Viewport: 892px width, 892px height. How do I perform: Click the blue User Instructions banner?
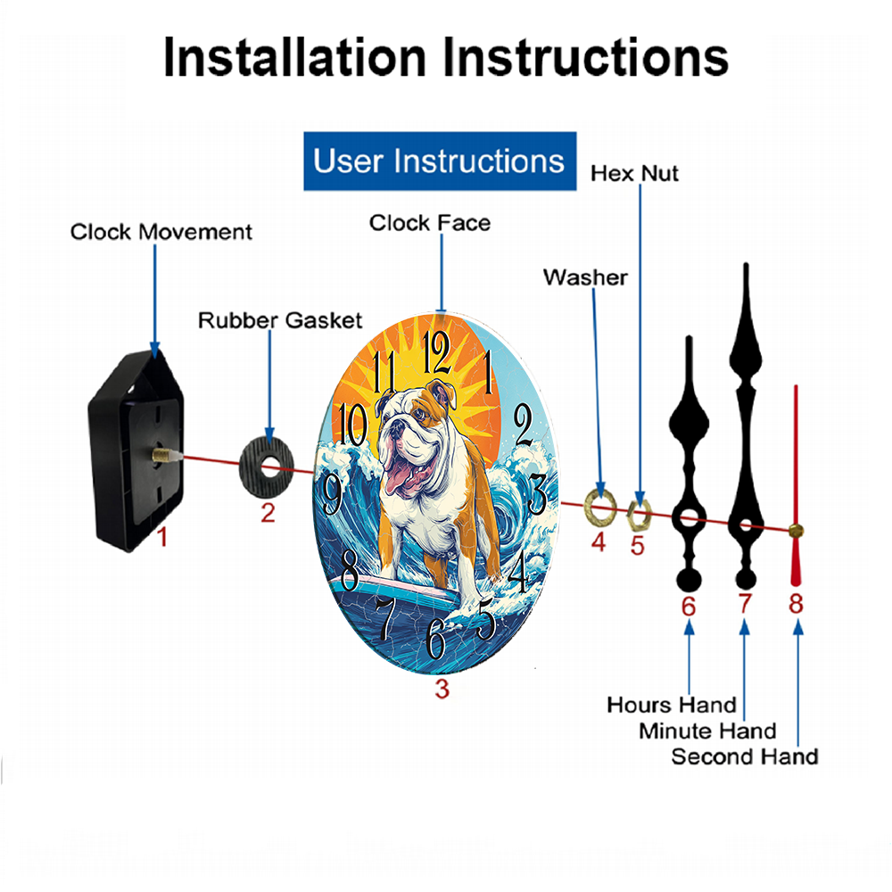[440, 161]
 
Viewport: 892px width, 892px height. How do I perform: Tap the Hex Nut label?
[634, 174]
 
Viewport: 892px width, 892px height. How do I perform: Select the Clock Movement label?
[161, 232]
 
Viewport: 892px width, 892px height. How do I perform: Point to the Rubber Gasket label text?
[280, 320]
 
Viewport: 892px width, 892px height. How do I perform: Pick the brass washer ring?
[588, 506]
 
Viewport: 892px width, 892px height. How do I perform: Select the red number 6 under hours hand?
[689, 607]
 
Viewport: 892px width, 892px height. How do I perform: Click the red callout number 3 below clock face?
[442, 689]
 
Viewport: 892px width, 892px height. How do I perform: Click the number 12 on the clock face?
[436, 352]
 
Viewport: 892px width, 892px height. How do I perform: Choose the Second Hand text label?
[745, 756]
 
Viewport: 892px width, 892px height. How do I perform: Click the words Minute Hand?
[707, 731]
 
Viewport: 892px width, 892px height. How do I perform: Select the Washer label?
[585, 277]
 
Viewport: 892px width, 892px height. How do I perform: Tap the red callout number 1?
[162, 536]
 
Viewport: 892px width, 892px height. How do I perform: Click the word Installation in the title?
[294, 57]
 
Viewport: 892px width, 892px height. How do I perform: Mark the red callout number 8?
[796, 604]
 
